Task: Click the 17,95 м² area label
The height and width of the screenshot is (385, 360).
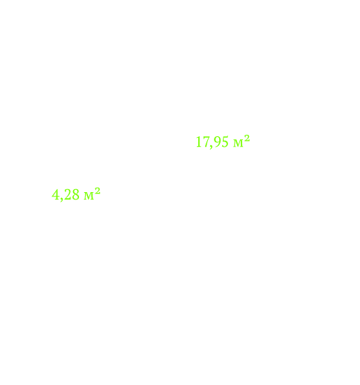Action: tap(223, 141)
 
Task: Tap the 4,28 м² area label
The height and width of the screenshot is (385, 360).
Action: tap(76, 194)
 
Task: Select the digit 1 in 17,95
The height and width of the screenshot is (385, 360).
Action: tap(199, 142)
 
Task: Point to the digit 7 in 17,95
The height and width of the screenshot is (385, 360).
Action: tap(205, 142)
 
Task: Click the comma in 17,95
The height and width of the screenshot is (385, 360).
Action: tap(211, 147)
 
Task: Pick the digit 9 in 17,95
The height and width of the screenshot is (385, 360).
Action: tap(217, 142)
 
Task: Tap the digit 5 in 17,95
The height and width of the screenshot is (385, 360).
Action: tap(224, 142)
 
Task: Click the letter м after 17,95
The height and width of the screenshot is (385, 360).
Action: tap(239, 144)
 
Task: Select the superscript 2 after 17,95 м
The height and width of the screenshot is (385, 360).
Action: tap(247, 139)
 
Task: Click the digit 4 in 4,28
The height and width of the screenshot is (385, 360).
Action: tap(55, 194)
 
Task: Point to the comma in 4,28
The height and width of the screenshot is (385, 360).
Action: tap(61, 199)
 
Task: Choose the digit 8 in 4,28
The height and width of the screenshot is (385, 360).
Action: tap(76, 194)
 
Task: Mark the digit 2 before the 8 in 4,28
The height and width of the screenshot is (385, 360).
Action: tap(68, 194)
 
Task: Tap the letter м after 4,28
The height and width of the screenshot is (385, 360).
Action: tap(89, 196)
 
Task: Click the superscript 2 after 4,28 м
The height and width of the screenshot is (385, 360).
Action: tap(98, 191)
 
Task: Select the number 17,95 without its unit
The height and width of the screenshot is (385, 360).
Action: tap(212, 142)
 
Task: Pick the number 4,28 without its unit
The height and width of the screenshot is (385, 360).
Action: tap(66, 195)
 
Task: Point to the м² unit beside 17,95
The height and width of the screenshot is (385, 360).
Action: tap(241, 141)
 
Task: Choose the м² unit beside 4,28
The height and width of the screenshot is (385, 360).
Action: tap(92, 194)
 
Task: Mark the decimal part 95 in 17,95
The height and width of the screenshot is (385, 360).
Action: tap(221, 142)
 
